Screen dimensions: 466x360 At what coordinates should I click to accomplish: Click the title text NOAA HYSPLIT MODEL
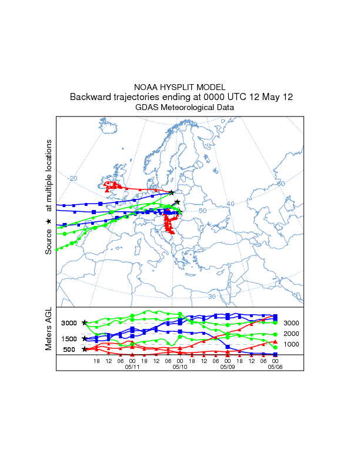pyautogui.click(x=180, y=87)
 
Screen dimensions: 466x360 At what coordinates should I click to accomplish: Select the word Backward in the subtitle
pyautogui.click(x=90, y=97)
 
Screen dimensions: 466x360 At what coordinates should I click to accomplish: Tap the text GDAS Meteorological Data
pyautogui.click(x=185, y=108)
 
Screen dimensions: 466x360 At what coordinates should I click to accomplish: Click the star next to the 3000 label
pyautogui.click(x=85, y=322)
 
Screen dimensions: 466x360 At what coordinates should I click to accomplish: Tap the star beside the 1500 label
pyautogui.click(x=85, y=338)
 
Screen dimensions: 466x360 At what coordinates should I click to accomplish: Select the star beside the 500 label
pyautogui.click(x=85, y=349)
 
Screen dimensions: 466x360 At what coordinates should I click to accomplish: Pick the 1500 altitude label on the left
pyautogui.click(x=69, y=338)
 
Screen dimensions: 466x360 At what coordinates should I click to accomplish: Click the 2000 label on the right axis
pyautogui.click(x=292, y=334)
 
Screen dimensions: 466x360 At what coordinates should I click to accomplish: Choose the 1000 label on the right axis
pyautogui.click(x=292, y=344)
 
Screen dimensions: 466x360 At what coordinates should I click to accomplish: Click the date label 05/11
pyautogui.click(x=132, y=367)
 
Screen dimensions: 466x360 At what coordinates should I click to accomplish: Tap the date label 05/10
pyautogui.click(x=179, y=367)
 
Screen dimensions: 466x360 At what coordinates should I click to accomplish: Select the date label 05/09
pyautogui.click(x=227, y=367)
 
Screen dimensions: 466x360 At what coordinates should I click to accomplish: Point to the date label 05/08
pyautogui.click(x=275, y=367)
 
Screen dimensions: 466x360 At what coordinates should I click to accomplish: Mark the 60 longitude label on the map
pyautogui.click(x=281, y=184)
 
